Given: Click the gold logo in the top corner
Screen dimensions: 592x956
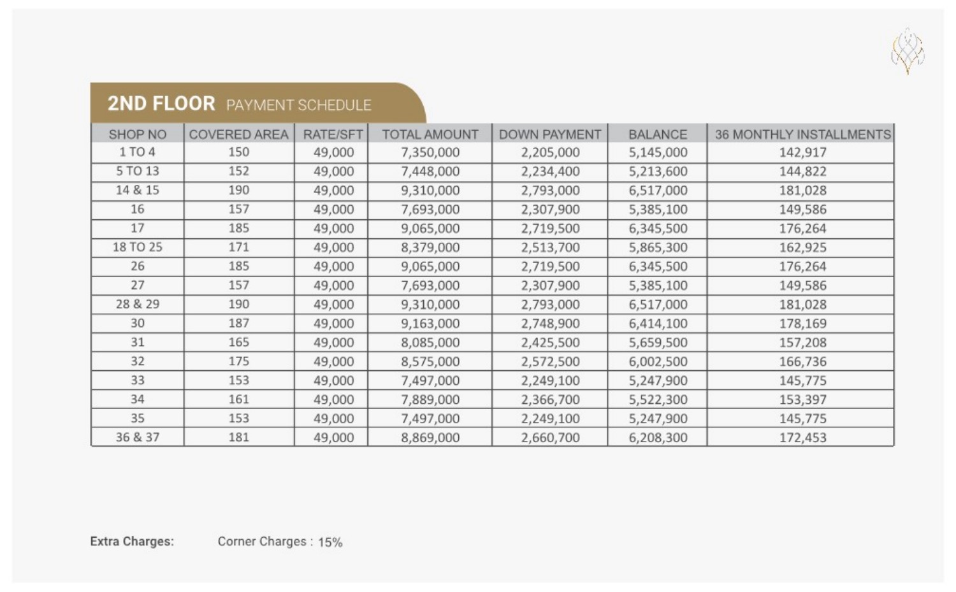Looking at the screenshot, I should click(908, 51).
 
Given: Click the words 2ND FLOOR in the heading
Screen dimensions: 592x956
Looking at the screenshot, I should click(161, 103).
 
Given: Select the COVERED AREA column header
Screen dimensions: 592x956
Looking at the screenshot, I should click(238, 134).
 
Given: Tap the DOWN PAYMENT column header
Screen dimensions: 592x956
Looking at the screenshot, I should click(549, 134).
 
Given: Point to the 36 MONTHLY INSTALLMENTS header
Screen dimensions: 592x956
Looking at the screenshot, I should click(802, 134).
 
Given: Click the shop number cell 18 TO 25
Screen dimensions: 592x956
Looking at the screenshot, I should click(137, 247).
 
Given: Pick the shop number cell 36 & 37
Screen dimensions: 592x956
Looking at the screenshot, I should click(137, 437).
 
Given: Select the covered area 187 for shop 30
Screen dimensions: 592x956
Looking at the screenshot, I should click(238, 323).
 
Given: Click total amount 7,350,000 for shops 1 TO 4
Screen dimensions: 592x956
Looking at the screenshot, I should click(430, 152).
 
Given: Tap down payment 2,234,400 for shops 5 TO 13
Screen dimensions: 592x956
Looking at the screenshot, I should click(550, 171).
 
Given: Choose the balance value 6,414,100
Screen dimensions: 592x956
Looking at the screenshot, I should click(658, 323).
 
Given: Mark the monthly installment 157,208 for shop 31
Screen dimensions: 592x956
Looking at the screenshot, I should click(802, 342).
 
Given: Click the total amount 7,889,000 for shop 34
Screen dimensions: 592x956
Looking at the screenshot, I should click(430, 400).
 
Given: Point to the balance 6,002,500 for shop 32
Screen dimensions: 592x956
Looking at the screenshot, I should click(658, 361).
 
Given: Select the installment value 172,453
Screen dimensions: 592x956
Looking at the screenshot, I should click(802, 438).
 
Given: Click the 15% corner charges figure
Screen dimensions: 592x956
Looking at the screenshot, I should click(330, 542).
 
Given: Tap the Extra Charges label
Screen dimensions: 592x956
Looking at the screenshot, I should click(132, 542).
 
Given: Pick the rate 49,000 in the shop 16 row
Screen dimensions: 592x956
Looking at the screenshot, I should click(333, 209).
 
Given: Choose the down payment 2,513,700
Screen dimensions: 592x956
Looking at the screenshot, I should click(550, 247).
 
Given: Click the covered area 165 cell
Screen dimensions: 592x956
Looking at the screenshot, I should click(238, 342).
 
